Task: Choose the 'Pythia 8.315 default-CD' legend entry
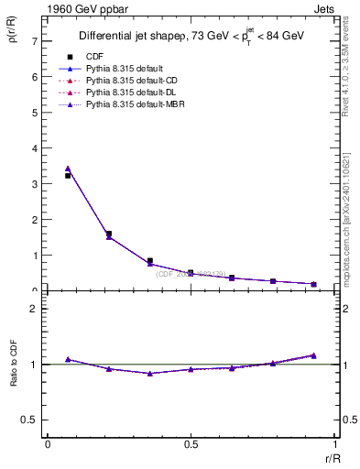pos(130,82)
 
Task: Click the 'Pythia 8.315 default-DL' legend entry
pos(130,93)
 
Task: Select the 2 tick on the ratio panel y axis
pos(34,309)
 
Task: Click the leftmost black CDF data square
pos(69,175)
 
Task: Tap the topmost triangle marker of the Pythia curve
pos(69,169)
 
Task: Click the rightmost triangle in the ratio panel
pos(313,355)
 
